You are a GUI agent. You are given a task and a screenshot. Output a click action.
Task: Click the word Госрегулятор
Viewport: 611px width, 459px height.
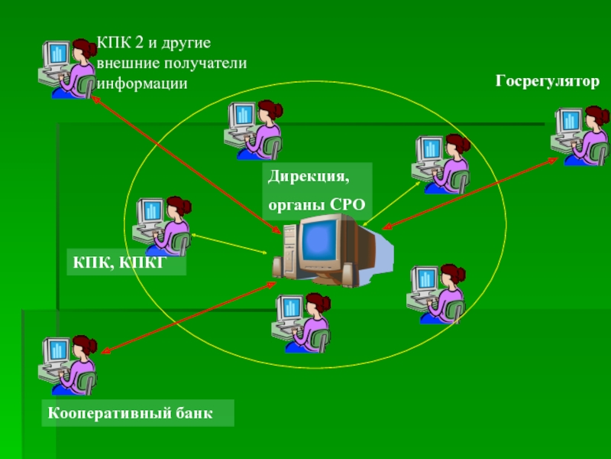pyautogui.click(x=548, y=80)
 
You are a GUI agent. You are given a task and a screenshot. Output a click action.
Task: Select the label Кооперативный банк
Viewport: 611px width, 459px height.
pyautogui.click(x=129, y=413)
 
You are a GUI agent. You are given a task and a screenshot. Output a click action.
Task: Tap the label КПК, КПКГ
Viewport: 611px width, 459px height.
pyautogui.click(x=119, y=262)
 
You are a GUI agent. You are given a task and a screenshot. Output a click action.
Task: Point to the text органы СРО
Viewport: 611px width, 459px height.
pyautogui.click(x=317, y=204)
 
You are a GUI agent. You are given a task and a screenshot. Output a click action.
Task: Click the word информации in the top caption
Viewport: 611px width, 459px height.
pyautogui.click(x=141, y=83)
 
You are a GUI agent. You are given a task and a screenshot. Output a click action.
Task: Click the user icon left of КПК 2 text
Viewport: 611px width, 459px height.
pyautogui.click(x=67, y=67)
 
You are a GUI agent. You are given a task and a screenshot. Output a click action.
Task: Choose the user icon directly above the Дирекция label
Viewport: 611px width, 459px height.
pyautogui.click(x=254, y=129)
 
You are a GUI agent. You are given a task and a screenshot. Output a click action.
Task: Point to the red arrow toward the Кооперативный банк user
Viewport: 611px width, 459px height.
pyautogui.click(x=188, y=316)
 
